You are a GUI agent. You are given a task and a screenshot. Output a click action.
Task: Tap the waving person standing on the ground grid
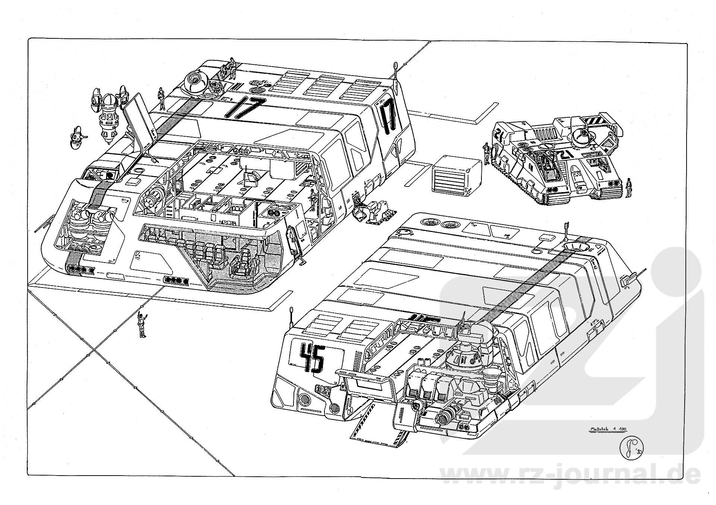coord(142,324)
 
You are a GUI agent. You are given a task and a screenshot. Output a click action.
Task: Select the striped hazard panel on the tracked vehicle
coord(590,121)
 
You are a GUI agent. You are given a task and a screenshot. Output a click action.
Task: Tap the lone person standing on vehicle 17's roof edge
coord(161,98)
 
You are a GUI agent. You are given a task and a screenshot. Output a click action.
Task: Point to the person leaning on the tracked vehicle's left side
coord(487,153)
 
